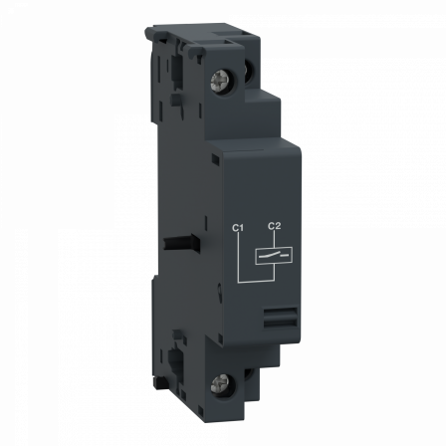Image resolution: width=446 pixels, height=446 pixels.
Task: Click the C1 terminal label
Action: tap(238, 229)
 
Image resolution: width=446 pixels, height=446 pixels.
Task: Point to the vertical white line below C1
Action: tap(238, 261)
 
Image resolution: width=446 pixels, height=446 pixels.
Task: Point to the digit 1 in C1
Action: tap(241, 229)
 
